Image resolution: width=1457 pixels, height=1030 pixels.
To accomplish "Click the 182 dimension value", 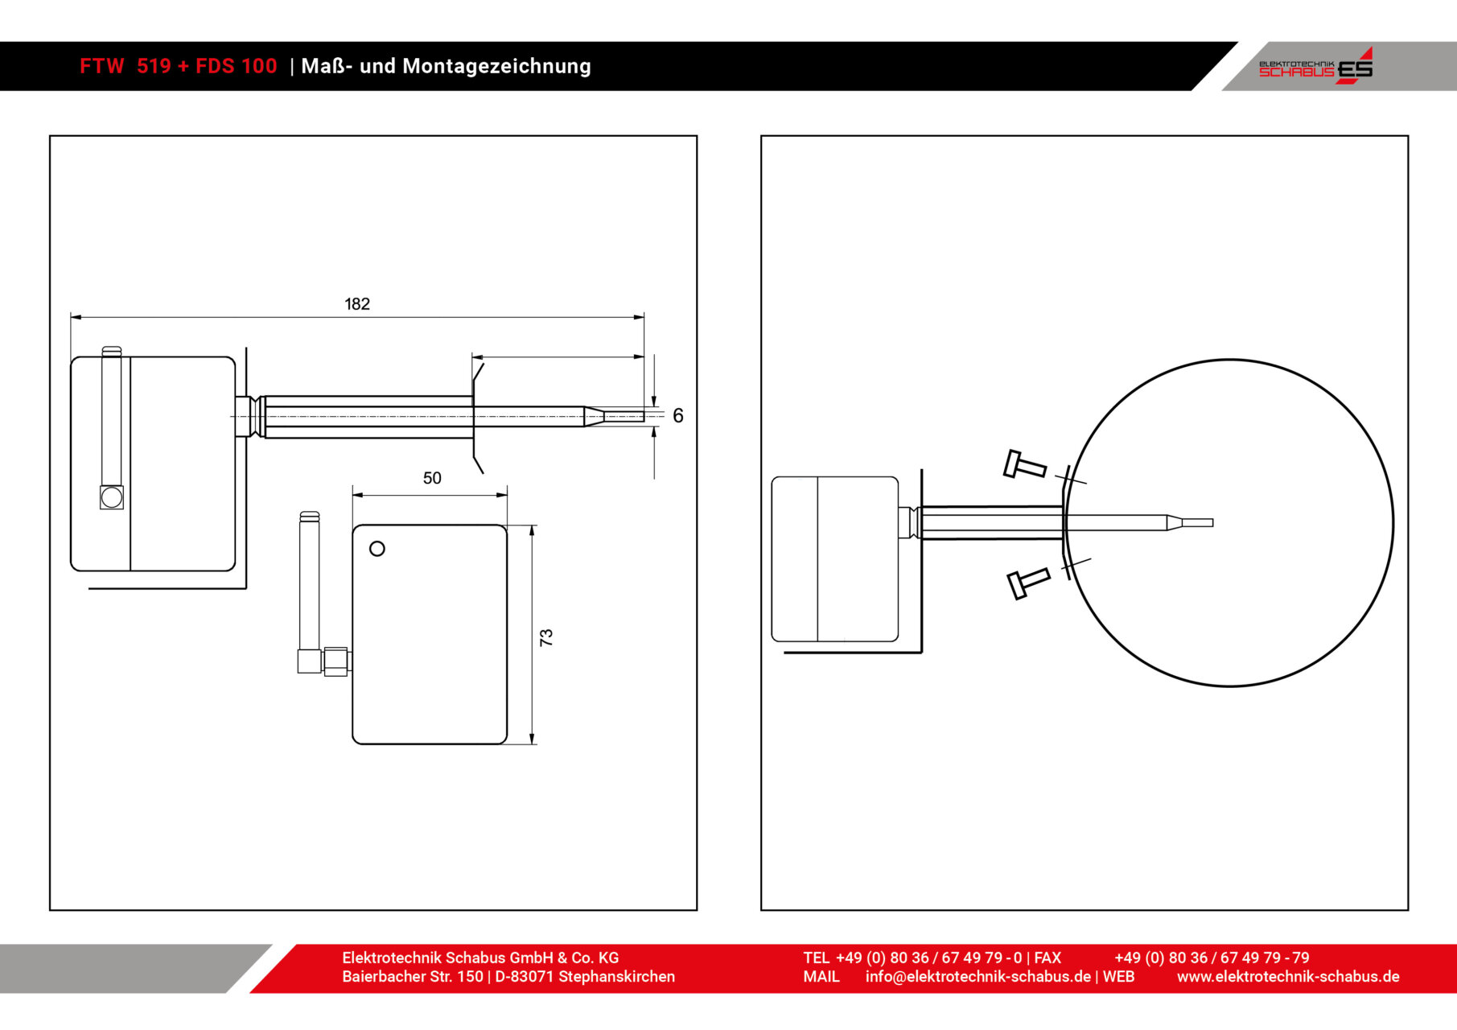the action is [357, 304].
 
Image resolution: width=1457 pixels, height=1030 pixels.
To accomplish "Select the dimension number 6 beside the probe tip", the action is [678, 416].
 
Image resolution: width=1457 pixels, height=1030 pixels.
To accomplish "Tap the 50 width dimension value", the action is [432, 478].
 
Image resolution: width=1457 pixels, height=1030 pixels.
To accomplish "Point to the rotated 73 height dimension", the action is [546, 637].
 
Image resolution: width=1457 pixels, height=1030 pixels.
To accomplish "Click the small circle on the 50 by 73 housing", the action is [377, 549].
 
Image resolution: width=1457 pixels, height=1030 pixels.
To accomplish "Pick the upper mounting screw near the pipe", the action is [1025, 464].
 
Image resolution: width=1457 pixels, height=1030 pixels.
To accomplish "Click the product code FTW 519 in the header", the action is [126, 66].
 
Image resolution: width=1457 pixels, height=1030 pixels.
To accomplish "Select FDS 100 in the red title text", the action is [237, 66].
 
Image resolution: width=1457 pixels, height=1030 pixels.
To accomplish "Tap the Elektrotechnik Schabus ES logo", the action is [1315, 66].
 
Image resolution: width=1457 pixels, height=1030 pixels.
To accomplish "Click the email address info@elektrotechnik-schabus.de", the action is [978, 977].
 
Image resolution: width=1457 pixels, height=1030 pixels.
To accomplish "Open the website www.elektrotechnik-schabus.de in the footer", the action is [1288, 977].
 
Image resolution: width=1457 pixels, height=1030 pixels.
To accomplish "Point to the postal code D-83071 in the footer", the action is [524, 977].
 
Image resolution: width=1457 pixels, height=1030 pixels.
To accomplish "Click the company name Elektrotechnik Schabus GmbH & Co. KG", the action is [480, 958].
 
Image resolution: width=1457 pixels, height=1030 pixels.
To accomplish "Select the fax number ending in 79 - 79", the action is [1212, 958].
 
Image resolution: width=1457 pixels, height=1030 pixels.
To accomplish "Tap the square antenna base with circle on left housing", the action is [112, 497].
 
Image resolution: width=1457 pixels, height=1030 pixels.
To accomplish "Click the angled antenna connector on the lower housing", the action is [324, 661].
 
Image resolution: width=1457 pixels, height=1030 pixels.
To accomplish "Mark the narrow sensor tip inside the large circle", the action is [1191, 523].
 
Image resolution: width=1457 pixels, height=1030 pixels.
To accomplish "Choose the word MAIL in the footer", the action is [821, 977].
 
